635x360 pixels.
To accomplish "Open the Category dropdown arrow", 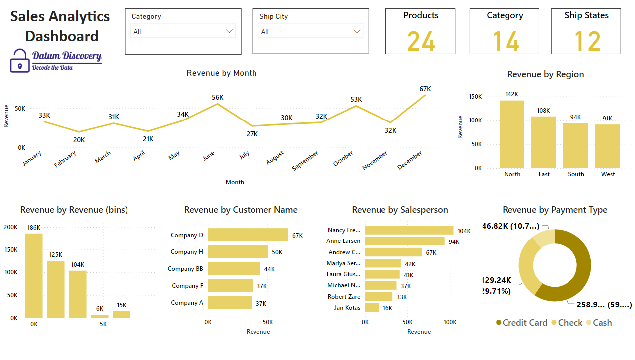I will tap(229, 31).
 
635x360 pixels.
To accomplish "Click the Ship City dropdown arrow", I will tap(357, 31).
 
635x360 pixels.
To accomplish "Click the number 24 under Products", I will tap(421, 41).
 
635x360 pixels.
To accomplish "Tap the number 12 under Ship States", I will tap(587, 41).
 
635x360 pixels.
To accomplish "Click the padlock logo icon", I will tap(20, 60).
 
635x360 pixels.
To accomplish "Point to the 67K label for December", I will tap(425, 89).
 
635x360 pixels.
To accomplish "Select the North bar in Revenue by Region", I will tap(511, 134).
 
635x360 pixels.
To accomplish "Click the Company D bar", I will tap(248, 235).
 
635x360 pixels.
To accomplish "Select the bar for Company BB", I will tap(234, 269).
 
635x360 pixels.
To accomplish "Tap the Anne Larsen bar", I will tap(404, 241).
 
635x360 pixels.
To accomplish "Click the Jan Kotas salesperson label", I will tap(347, 308).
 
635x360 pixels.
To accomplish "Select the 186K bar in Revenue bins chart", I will tap(34, 275).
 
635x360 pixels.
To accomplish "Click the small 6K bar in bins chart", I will tap(99, 316).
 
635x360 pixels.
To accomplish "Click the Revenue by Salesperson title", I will tap(400, 210).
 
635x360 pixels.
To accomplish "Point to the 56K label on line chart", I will tap(218, 97).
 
